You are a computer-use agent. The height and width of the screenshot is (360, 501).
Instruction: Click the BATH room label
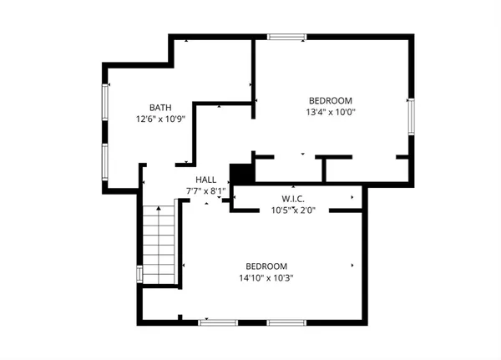click(x=160, y=107)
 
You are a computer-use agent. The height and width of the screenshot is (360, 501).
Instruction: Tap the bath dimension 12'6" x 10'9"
click(x=160, y=119)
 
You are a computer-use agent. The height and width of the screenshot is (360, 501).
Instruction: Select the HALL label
click(x=205, y=180)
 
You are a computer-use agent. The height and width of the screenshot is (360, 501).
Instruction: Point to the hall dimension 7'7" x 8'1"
click(x=205, y=190)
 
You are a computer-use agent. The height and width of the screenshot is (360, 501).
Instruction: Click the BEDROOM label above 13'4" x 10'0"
click(x=330, y=98)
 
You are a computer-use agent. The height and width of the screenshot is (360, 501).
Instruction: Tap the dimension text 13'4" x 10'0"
click(x=331, y=109)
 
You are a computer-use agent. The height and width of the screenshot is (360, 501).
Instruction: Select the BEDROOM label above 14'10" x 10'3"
click(x=267, y=266)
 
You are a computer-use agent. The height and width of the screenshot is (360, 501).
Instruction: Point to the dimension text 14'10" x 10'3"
click(x=267, y=277)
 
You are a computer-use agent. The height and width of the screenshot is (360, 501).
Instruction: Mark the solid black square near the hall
click(x=240, y=173)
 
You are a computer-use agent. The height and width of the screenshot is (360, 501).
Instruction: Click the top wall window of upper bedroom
click(x=287, y=36)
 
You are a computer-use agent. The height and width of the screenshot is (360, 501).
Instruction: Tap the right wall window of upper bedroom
click(x=410, y=114)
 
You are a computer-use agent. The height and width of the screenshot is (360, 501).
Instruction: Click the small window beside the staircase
click(x=139, y=273)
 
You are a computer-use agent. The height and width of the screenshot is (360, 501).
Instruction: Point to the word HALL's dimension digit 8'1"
click(x=217, y=190)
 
